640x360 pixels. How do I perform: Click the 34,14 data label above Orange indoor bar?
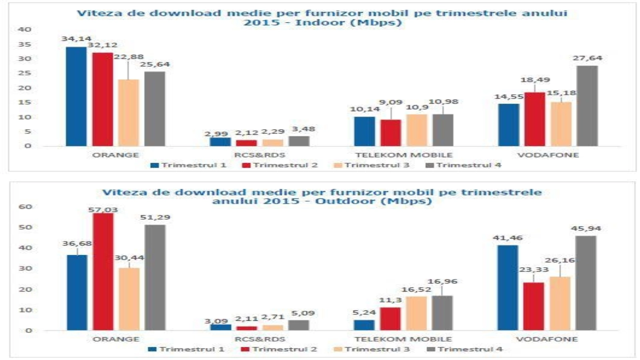click(76, 39)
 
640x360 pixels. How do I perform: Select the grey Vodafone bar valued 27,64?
click(587, 106)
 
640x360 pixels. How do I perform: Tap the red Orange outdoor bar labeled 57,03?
click(103, 272)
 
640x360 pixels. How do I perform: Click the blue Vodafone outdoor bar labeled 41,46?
click(508, 288)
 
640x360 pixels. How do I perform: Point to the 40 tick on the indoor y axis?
click(24, 29)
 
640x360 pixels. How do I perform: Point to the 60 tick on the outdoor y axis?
click(25, 207)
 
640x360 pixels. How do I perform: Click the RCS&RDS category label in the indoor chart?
click(260, 155)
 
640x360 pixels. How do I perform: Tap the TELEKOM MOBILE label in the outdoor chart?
click(403, 339)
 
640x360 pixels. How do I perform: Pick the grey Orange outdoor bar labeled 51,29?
click(155, 278)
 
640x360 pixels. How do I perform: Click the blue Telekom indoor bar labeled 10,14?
click(364, 132)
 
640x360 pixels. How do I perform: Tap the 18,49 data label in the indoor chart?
click(535, 80)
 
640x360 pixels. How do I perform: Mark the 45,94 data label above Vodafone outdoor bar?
click(586, 229)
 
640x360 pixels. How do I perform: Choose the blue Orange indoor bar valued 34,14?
click(76, 96)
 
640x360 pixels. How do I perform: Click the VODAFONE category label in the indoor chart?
click(548, 155)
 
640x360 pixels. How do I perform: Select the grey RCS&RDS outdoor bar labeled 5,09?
click(298, 325)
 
